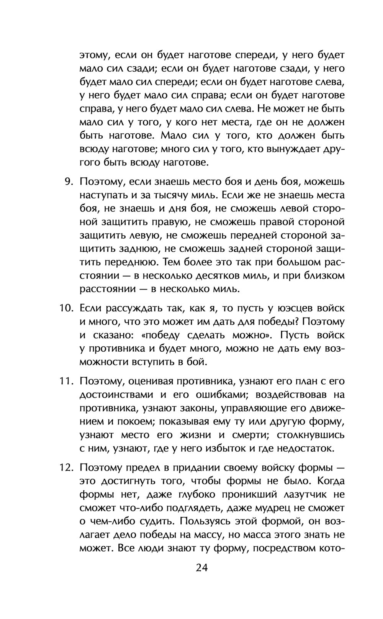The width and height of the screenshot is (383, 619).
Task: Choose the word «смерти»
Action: pos(247,435)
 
